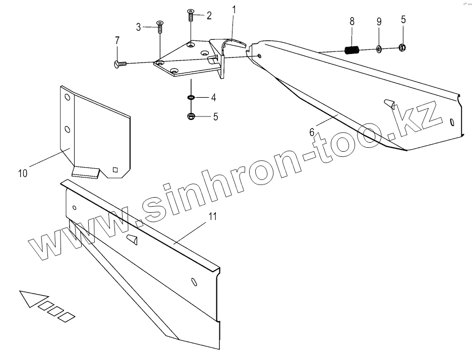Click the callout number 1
point(234,10)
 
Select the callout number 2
point(209,15)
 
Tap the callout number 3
point(139,27)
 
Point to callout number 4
point(214,96)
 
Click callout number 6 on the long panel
point(312,132)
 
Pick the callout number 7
point(117,40)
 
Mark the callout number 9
point(379,22)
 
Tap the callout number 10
point(23,173)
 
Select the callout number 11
point(213,217)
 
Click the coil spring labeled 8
point(351,49)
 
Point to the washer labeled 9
point(379,49)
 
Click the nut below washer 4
point(191,117)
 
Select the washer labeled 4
point(191,97)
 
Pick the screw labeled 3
point(160,26)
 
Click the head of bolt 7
point(119,64)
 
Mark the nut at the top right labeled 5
point(402,48)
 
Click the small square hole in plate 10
point(116,169)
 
